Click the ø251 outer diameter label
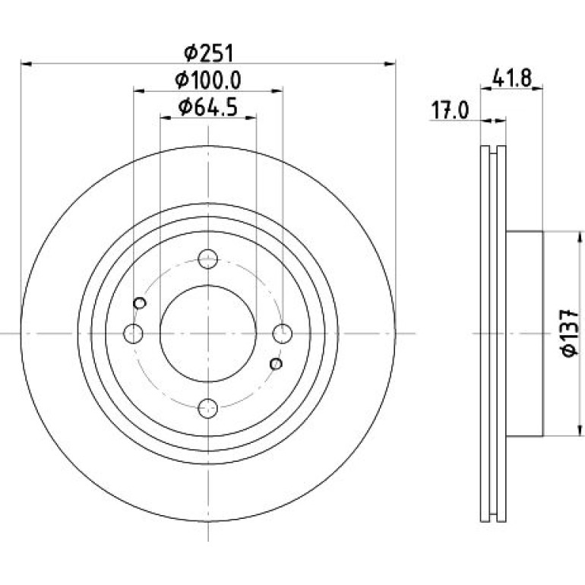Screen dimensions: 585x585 pos(209,53)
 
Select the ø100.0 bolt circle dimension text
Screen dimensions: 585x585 pos(208,81)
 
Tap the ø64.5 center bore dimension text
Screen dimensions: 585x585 pos(208,108)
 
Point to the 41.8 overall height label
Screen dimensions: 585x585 pos(511,78)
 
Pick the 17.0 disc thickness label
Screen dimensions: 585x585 pos(450,110)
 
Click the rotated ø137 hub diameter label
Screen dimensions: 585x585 pos(569,334)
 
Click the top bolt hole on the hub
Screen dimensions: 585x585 pos(208,259)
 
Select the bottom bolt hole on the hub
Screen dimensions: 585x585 pos(208,408)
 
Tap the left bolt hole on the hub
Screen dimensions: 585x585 pos(133,334)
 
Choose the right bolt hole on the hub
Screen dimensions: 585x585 pos(283,334)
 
